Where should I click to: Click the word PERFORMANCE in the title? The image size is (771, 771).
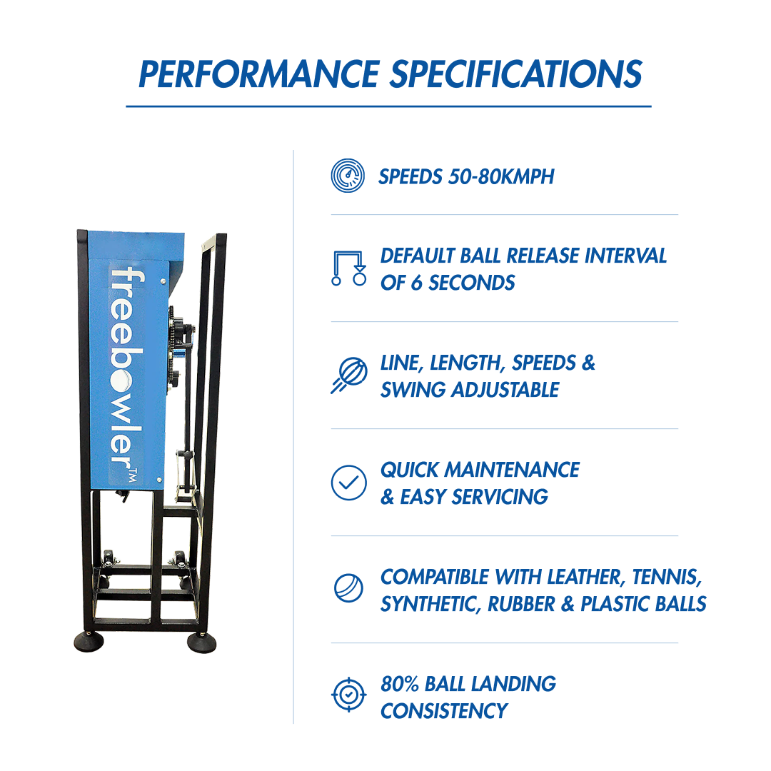(259, 74)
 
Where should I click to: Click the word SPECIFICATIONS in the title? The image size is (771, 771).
(516, 74)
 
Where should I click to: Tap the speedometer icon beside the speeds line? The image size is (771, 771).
(348, 176)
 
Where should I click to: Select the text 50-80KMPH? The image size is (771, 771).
(501, 176)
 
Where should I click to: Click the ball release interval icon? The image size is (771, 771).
(348, 268)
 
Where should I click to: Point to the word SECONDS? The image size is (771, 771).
(472, 283)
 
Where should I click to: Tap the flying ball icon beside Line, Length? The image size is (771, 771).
(349, 376)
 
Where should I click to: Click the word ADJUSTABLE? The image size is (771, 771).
(505, 390)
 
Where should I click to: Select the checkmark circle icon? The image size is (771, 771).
(348, 483)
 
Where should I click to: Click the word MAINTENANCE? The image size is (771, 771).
(512, 470)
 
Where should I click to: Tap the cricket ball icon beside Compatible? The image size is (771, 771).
(348, 588)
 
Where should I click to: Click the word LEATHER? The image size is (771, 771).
(585, 578)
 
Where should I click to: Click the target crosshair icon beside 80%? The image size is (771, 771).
(348, 695)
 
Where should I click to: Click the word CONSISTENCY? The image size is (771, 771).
(444, 711)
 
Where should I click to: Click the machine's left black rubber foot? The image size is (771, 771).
(89, 642)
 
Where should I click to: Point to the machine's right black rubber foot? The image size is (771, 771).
(201, 642)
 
